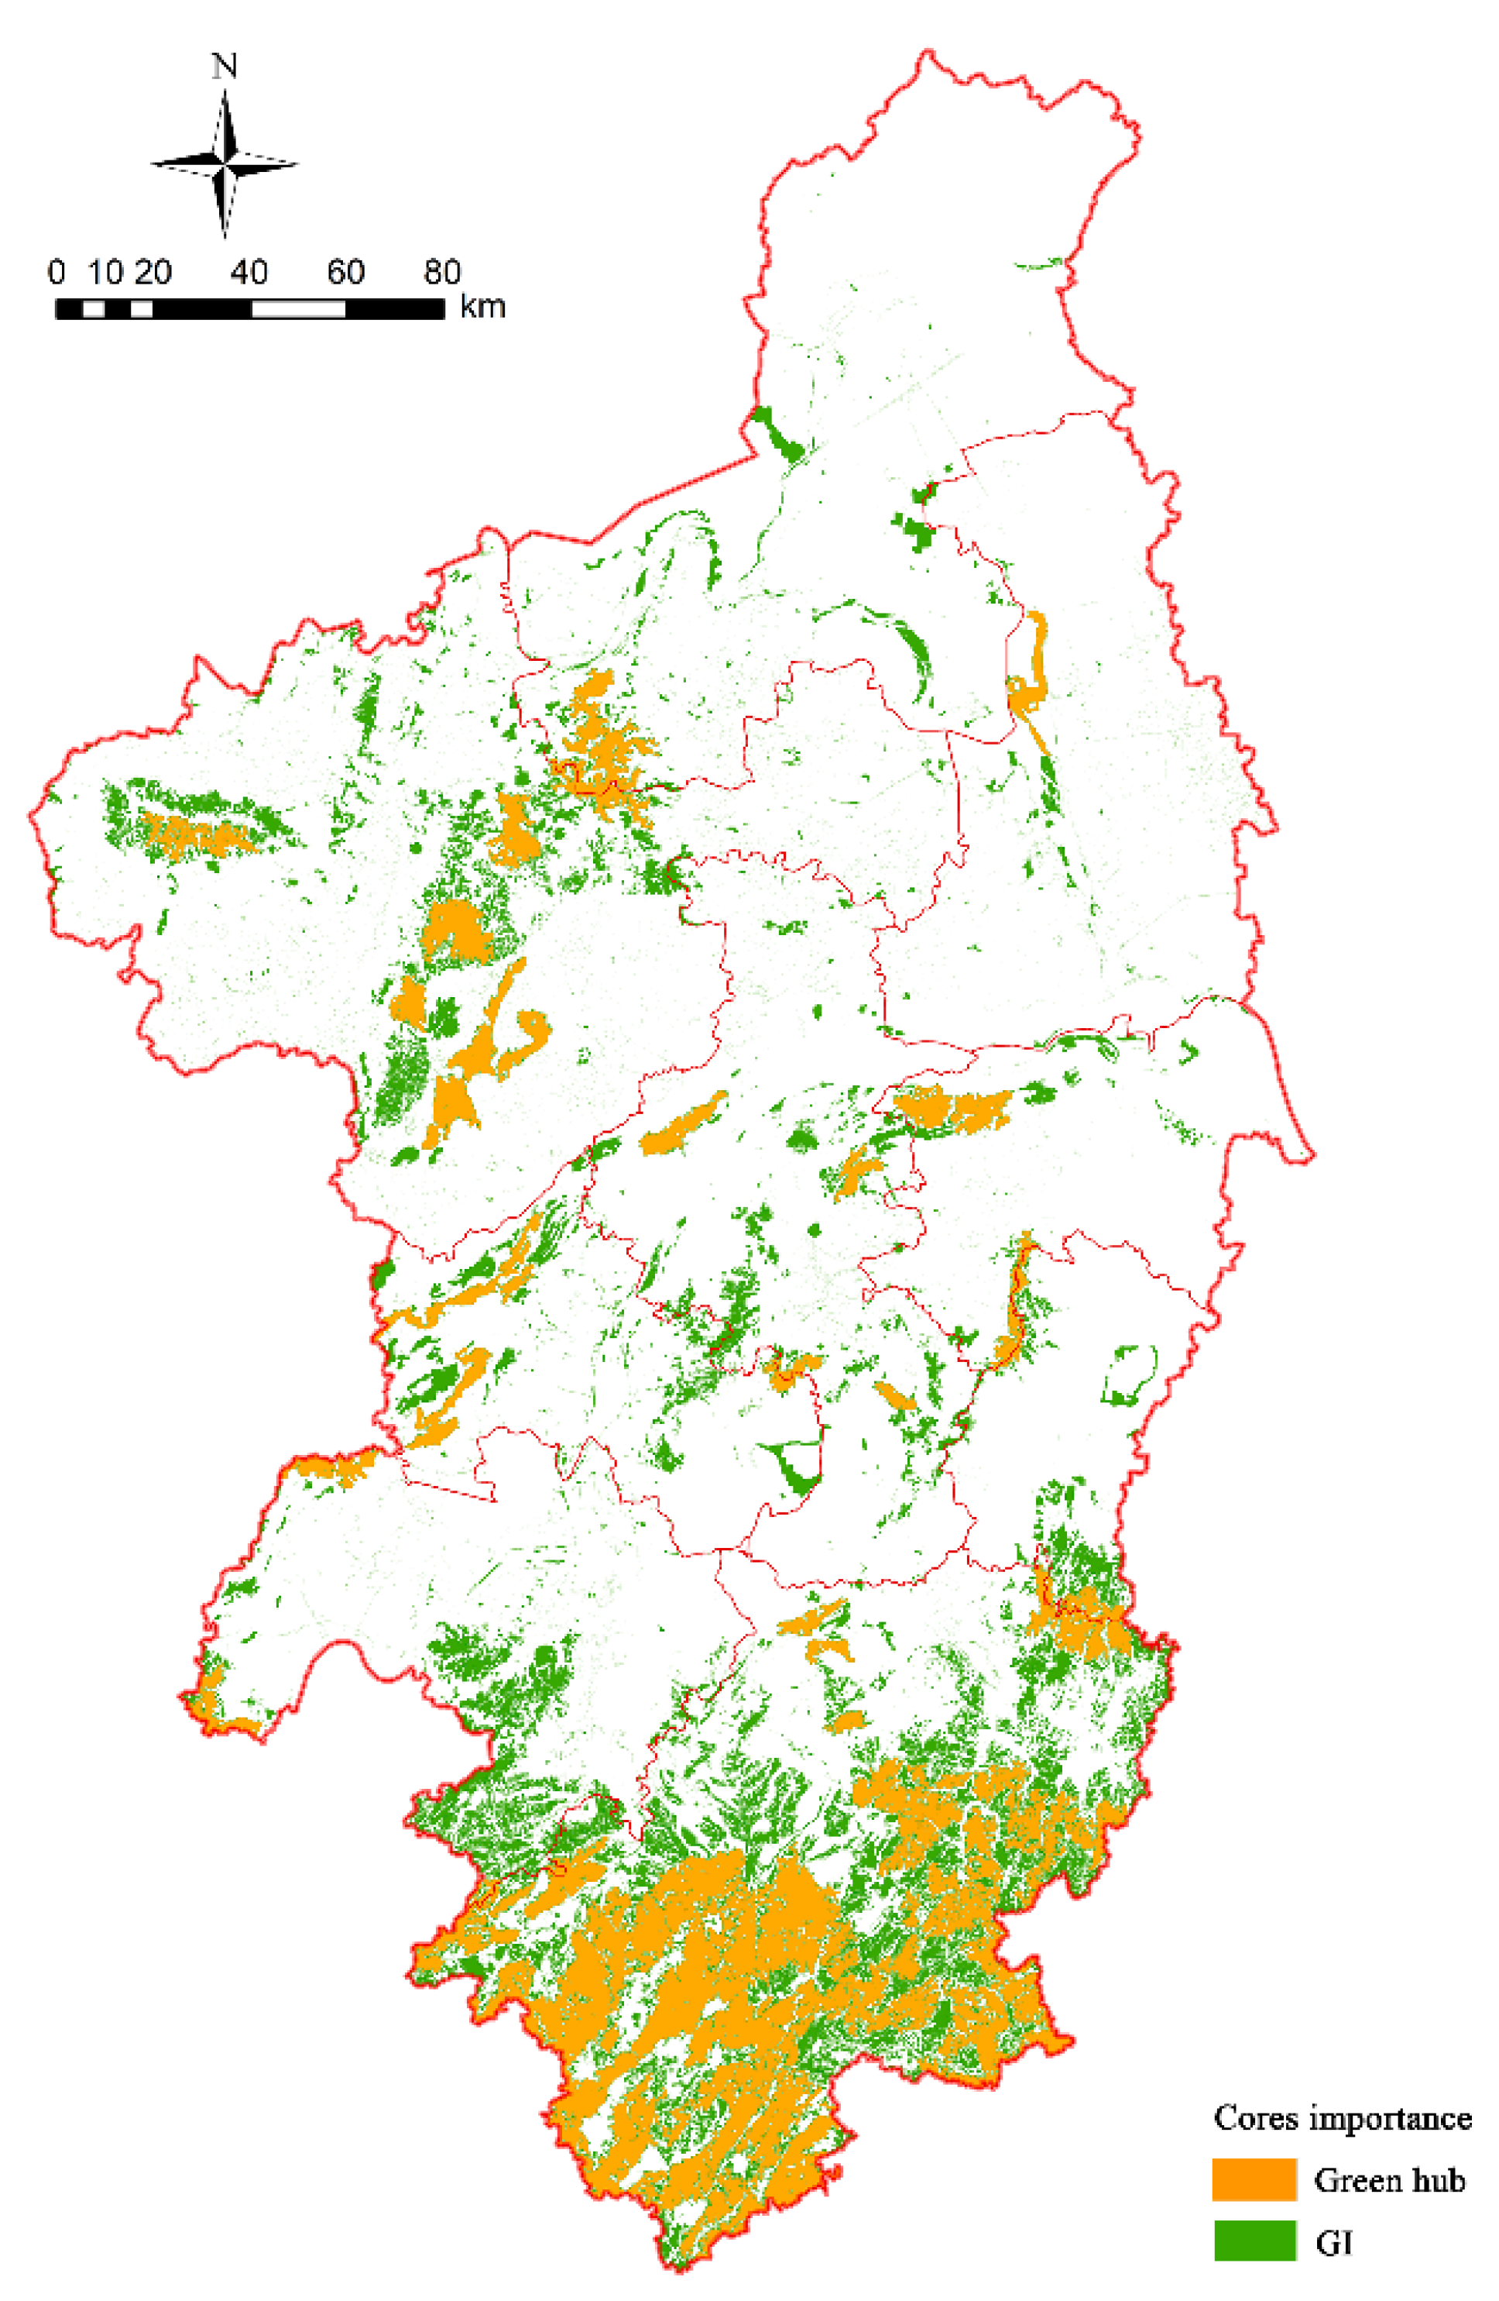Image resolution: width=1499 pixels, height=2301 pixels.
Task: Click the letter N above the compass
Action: coord(225,66)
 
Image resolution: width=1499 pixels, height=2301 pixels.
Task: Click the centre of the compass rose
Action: coord(225,163)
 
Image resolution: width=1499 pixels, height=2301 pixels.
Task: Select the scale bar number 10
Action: coord(105,273)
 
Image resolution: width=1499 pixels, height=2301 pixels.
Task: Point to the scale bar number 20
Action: coord(153,273)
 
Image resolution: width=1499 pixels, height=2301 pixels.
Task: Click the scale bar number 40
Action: coord(249,273)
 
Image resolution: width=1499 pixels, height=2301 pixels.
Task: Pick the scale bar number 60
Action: coord(345,273)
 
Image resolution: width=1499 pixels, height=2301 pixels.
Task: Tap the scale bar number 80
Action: coord(441,273)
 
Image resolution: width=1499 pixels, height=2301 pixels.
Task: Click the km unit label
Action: coord(482,308)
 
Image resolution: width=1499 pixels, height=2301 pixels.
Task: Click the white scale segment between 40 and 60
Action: coord(297,308)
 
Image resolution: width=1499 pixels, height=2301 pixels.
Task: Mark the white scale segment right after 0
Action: coord(94,308)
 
